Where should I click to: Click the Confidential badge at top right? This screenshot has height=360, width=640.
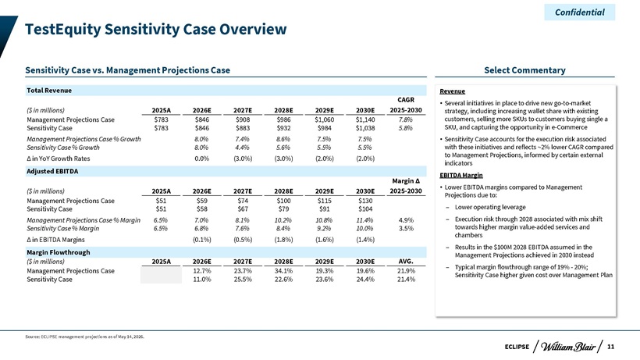pyautogui.click(x=580, y=12)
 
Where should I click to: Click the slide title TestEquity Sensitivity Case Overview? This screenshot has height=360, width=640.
pyautogui.click(x=156, y=30)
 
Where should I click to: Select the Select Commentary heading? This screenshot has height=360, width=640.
pyautogui.click(x=524, y=70)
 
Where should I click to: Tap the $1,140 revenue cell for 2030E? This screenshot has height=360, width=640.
pyautogui.click(x=365, y=119)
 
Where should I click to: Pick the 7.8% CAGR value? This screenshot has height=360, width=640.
pyautogui.click(x=406, y=119)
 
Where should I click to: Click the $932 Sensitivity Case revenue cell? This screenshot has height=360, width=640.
pyautogui.click(x=283, y=128)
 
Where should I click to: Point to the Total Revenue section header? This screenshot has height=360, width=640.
pyautogui.click(x=49, y=91)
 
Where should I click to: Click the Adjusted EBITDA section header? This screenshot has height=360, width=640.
pyautogui.click(x=52, y=171)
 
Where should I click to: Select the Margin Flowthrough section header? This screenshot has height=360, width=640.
pyautogui.click(x=59, y=252)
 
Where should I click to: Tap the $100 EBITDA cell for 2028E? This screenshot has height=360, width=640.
pyautogui.click(x=283, y=201)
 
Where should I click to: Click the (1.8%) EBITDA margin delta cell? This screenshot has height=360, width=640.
pyautogui.click(x=283, y=240)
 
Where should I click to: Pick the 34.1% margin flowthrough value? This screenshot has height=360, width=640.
pyautogui.click(x=283, y=271)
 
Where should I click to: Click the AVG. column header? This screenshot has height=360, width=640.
pyautogui.click(x=406, y=262)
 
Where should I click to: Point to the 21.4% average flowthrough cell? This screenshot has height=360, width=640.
pyautogui.click(x=406, y=280)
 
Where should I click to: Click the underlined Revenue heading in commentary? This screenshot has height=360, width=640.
pyautogui.click(x=452, y=91)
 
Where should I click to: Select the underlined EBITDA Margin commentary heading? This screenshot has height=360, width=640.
pyautogui.click(x=460, y=175)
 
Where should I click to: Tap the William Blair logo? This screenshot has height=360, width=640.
pyautogui.click(x=567, y=347)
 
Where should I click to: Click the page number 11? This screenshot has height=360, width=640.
pyautogui.click(x=610, y=347)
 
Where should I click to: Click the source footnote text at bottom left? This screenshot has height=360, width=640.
pyautogui.click(x=84, y=337)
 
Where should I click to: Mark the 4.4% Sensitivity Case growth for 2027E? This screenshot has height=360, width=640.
pyautogui.click(x=243, y=148)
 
